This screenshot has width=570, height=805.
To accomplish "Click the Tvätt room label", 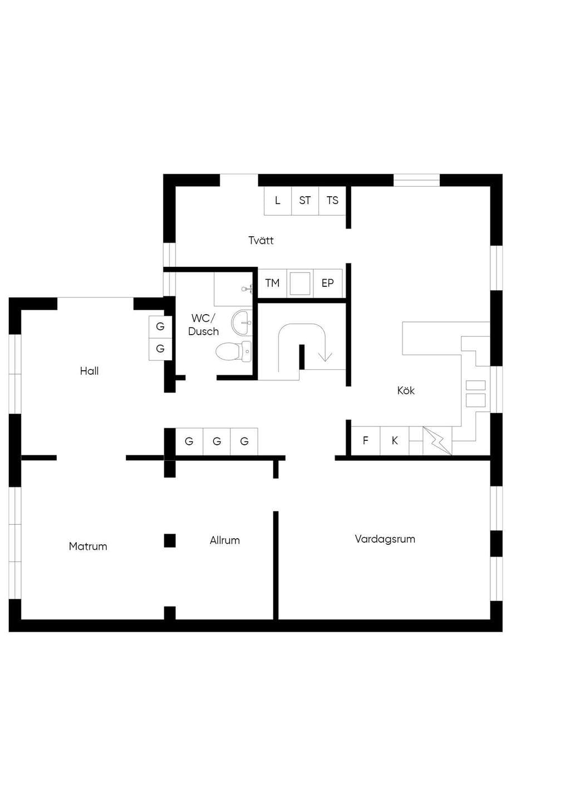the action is point(261,240).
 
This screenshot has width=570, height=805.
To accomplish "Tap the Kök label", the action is point(406,390).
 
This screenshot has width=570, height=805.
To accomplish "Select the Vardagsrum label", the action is point(385,539).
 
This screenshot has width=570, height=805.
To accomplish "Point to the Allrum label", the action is point(225,540).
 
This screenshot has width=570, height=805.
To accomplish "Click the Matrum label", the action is point(88,546).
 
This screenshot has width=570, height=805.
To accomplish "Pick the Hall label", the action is point(89,371).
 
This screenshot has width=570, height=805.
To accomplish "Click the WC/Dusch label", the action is point(203,325).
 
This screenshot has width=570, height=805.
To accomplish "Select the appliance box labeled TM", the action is point(272,283).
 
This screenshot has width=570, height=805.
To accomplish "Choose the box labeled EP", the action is point(328,283).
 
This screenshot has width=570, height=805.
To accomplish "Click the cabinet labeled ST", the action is point(305,201).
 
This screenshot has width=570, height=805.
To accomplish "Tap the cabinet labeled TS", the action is point(332,201).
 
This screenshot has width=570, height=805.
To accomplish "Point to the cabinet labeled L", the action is point(277,201).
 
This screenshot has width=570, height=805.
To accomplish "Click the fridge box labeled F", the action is point(366,441).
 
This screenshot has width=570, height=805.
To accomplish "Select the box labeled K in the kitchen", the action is point(395,441).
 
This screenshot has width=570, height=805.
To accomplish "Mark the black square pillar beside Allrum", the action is point(170,540).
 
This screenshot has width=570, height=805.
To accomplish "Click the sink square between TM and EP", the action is point(300,284).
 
